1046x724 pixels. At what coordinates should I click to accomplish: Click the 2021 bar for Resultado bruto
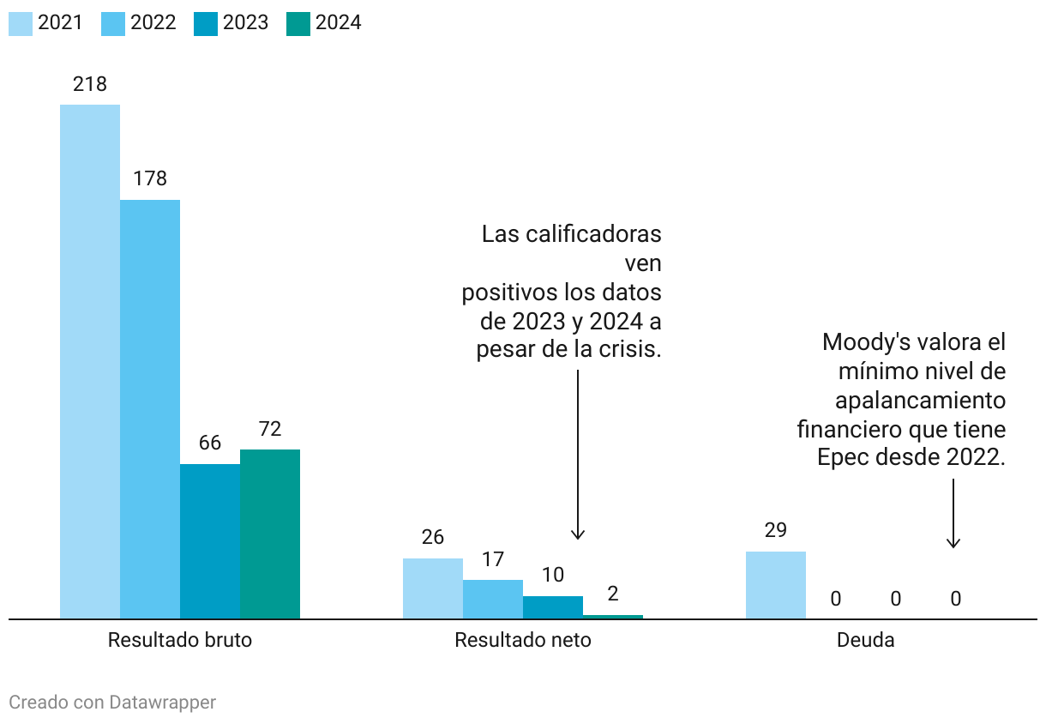(x=90, y=361)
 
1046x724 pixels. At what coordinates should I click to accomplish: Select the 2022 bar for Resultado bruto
(x=150, y=409)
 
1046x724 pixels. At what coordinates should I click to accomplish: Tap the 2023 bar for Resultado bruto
(x=210, y=541)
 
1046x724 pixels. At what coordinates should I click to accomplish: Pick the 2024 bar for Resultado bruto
(x=270, y=534)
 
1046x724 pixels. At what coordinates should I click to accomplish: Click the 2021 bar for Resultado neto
(x=433, y=588)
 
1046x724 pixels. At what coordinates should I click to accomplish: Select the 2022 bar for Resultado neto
(x=493, y=599)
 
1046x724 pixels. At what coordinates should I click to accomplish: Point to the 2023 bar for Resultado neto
(x=553, y=607)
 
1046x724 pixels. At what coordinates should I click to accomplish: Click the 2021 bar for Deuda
(x=776, y=585)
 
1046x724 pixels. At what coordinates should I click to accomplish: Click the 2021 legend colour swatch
(x=21, y=23)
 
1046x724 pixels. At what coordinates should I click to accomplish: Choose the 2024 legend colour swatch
(x=298, y=23)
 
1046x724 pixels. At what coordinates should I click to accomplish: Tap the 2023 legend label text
(x=246, y=23)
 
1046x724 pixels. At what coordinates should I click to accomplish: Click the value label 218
(x=90, y=84)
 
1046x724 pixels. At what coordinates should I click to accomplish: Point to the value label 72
(x=270, y=429)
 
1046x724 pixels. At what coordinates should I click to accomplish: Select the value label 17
(x=493, y=559)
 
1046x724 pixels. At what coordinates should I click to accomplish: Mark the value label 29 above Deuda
(x=776, y=530)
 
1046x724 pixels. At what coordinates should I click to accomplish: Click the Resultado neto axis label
(x=523, y=640)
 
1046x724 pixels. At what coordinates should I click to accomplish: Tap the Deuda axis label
(x=866, y=640)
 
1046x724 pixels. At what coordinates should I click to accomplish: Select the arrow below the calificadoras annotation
(x=578, y=455)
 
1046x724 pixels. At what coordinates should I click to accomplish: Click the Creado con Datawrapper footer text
(x=112, y=703)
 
